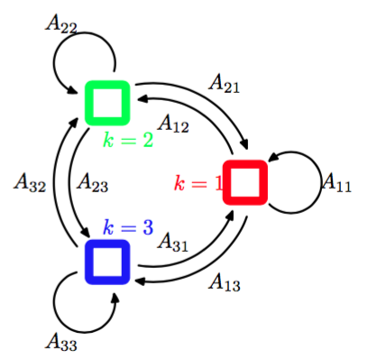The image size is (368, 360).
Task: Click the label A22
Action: pos(61,23)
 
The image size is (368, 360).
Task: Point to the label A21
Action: pos(225,83)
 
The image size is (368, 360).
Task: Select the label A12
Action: pos(173,124)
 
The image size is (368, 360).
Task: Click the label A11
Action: pos(336,182)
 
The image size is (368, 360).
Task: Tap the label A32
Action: pos(30,182)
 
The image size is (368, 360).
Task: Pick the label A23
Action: pos(92,182)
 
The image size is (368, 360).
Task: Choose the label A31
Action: pos(173,242)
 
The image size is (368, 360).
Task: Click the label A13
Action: pos(225,282)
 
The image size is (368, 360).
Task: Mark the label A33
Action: pos(61,342)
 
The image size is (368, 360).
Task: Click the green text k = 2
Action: pos(128,140)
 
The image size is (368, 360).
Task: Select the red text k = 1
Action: pos(198,183)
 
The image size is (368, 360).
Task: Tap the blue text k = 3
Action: pos(128,227)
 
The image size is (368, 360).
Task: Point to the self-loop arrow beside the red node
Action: pos(321,182)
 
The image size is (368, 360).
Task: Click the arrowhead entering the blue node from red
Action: pos(140,282)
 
